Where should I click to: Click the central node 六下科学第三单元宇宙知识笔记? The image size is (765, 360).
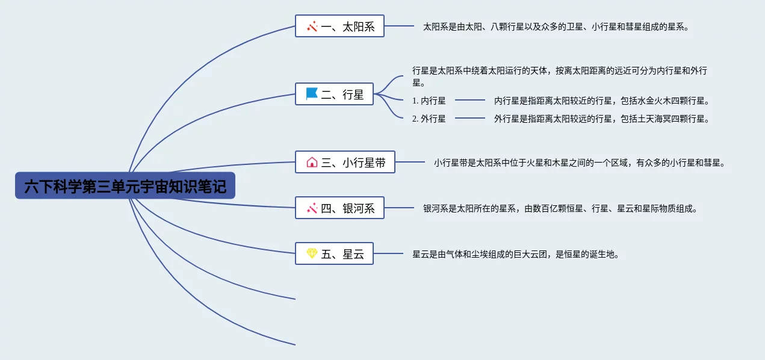tap(125, 185)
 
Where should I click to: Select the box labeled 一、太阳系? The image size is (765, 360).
tap(339, 26)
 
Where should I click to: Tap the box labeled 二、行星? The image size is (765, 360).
tap(334, 94)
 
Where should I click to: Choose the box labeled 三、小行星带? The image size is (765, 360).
tap(345, 162)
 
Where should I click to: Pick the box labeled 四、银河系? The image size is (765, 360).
tap(339, 208)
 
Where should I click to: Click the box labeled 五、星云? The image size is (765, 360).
tap(334, 253)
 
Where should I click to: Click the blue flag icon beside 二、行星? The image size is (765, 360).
tap(311, 93)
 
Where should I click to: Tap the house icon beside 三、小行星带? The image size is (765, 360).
tap(312, 162)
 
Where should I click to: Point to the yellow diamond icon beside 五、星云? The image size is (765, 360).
tap(312, 253)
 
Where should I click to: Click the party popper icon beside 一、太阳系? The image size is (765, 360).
tap(312, 26)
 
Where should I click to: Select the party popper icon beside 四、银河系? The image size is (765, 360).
tap(312, 208)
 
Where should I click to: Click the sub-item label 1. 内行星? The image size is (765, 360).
tap(429, 101)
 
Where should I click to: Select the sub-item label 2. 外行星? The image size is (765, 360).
tap(429, 119)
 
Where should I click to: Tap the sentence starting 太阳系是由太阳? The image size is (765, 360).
tap(556, 26)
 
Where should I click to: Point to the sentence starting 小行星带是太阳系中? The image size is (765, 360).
tap(580, 163)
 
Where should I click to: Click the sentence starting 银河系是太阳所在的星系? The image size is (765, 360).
tap(560, 208)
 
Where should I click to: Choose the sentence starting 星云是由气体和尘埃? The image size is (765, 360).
tap(516, 254)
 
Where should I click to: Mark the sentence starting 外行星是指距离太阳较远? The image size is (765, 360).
tap(602, 119)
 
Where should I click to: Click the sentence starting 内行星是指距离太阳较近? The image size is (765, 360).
tap(602, 101)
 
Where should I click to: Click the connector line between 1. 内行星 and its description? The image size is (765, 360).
tap(470, 100)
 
